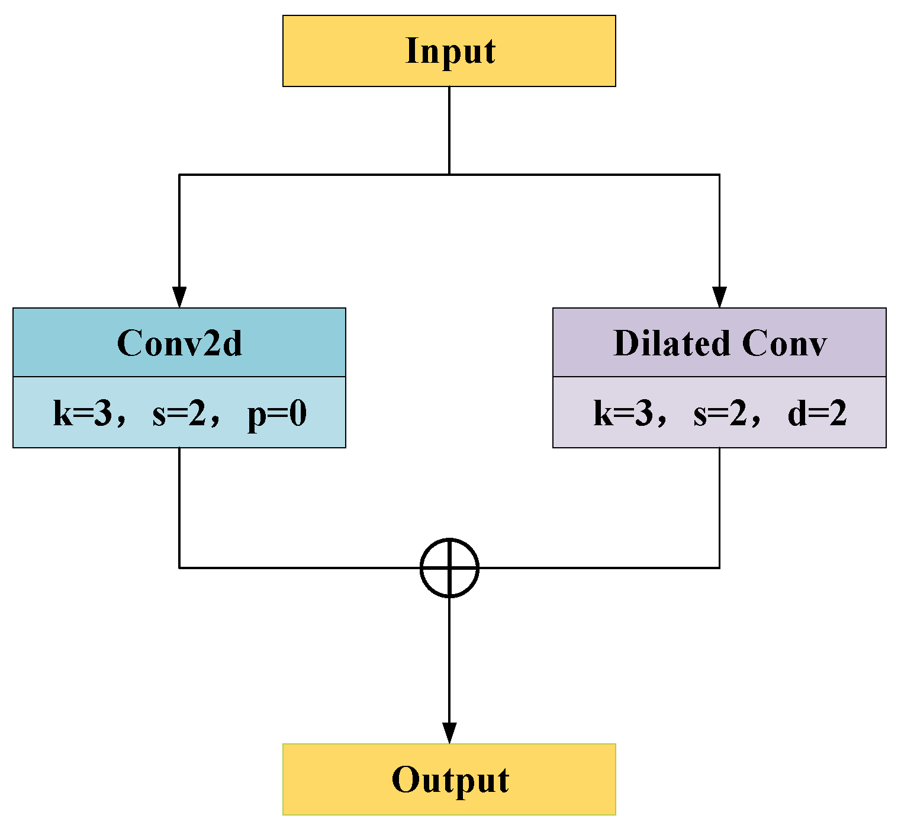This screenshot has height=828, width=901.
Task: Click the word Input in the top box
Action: (450, 51)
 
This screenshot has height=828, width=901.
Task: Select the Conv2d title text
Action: (179, 343)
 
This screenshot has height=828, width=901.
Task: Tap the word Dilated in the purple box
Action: (671, 343)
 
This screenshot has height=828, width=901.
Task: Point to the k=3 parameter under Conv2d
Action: (82, 413)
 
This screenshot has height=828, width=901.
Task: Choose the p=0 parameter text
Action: (277, 414)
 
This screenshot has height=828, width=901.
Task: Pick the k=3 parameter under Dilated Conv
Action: (623, 413)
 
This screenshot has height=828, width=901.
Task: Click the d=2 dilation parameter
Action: (817, 413)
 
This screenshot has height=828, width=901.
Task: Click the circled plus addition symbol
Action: (449, 567)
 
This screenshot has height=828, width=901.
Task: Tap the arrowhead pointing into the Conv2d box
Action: (179, 297)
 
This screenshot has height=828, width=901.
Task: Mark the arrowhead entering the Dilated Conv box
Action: (719, 297)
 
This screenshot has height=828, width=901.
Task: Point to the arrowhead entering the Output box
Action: (449, 733)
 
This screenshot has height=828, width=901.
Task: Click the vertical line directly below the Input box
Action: (449, 130)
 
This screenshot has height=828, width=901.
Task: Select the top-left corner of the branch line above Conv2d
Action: (179, 175)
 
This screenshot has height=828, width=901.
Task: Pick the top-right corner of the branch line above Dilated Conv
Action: (719, 175)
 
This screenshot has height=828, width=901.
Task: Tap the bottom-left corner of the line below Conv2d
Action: (179, 567)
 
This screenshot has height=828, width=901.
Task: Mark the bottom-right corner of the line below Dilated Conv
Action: (719, 567)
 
